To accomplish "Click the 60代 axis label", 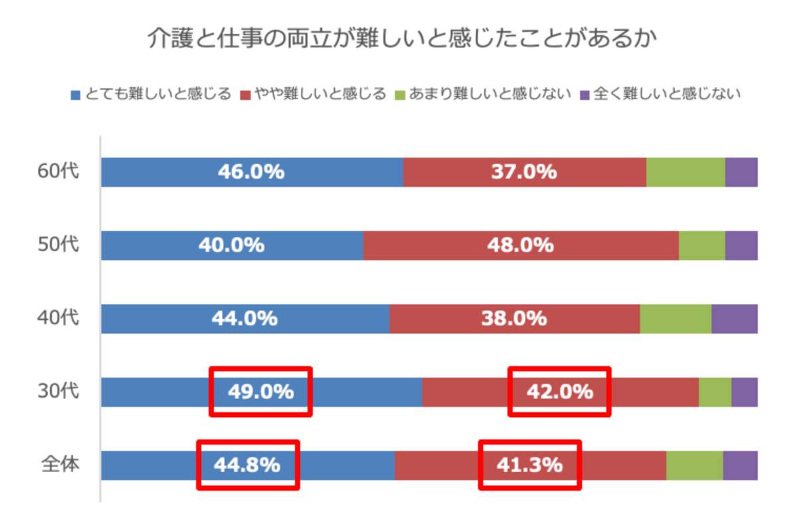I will coord(58,172).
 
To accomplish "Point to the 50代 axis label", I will coord(58,245).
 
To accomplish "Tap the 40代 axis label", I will coord(58,318).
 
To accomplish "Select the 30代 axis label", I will coord(58,391).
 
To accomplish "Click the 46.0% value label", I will coord(251,172).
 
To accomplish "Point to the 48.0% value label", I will coord(521,245).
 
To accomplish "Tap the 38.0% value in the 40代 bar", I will coord(513,319).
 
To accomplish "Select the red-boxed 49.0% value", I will coord(261,392).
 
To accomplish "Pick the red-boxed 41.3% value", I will coord(529,464).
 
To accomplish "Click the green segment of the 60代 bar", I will coord(685,172).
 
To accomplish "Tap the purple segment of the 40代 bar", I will coord(735,319).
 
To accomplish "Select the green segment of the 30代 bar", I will coord(715,392).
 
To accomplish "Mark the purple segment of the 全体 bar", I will coord(740,465).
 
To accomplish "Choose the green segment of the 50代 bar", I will coord(702,245).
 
